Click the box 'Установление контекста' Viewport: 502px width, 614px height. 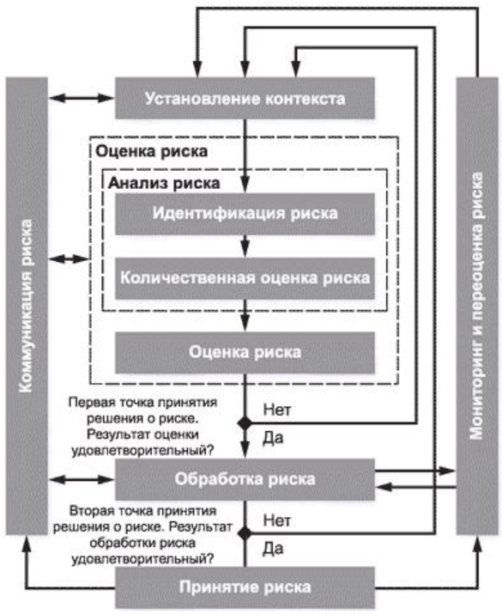(x=245, y=98)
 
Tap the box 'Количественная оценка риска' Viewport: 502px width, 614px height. (x=245, y=278)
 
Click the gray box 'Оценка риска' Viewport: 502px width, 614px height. (x=245, y=351)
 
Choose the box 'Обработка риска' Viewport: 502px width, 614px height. (x=245, y=477)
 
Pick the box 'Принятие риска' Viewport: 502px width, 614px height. (x=245, y=588)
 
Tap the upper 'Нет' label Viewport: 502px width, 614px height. (x=278, y=410)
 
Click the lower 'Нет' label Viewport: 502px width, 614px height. (x=276, y=520)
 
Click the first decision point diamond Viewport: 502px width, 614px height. (x=245, y=423)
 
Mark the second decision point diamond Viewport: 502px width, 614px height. (x=245, y=533)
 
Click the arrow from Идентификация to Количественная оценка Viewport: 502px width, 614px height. (x=245, y=246)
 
